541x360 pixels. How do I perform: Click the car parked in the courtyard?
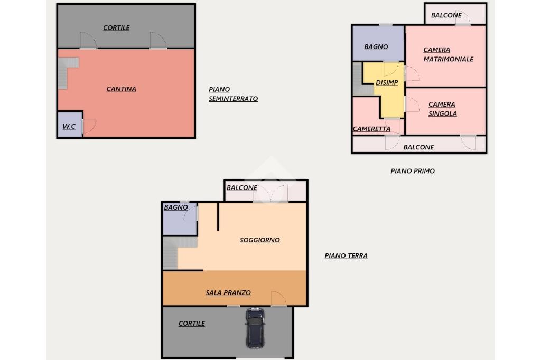(x=255, y=328)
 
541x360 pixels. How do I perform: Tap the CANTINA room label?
(x=121, y=89)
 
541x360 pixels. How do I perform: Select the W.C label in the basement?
(x=69, y=126)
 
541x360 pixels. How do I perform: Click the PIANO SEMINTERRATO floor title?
(x=233, y=94)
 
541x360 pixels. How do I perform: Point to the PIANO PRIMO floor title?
(x=412, y=171)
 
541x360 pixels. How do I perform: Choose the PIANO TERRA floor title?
(x=346, y=256)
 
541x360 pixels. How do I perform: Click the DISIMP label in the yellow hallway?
(x=386, y=83)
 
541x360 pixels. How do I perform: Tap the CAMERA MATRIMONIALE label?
(x=448, y=54)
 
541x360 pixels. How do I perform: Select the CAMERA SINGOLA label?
(x=442, y=109)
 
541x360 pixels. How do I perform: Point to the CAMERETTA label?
(x=371, y=129)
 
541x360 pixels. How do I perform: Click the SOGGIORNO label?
(x=260, y=240)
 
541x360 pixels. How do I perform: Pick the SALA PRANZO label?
(x=228, y=293)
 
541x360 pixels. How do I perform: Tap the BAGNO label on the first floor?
(x=376, y=47)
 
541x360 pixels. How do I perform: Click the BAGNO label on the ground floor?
(x=176, y=207)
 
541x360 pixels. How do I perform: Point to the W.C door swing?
(x=89, y=126)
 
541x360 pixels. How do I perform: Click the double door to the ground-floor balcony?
(x=271, y=194)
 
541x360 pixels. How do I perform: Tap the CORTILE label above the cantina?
(x=116, y=28)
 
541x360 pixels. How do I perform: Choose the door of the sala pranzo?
(x=279, y=299)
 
